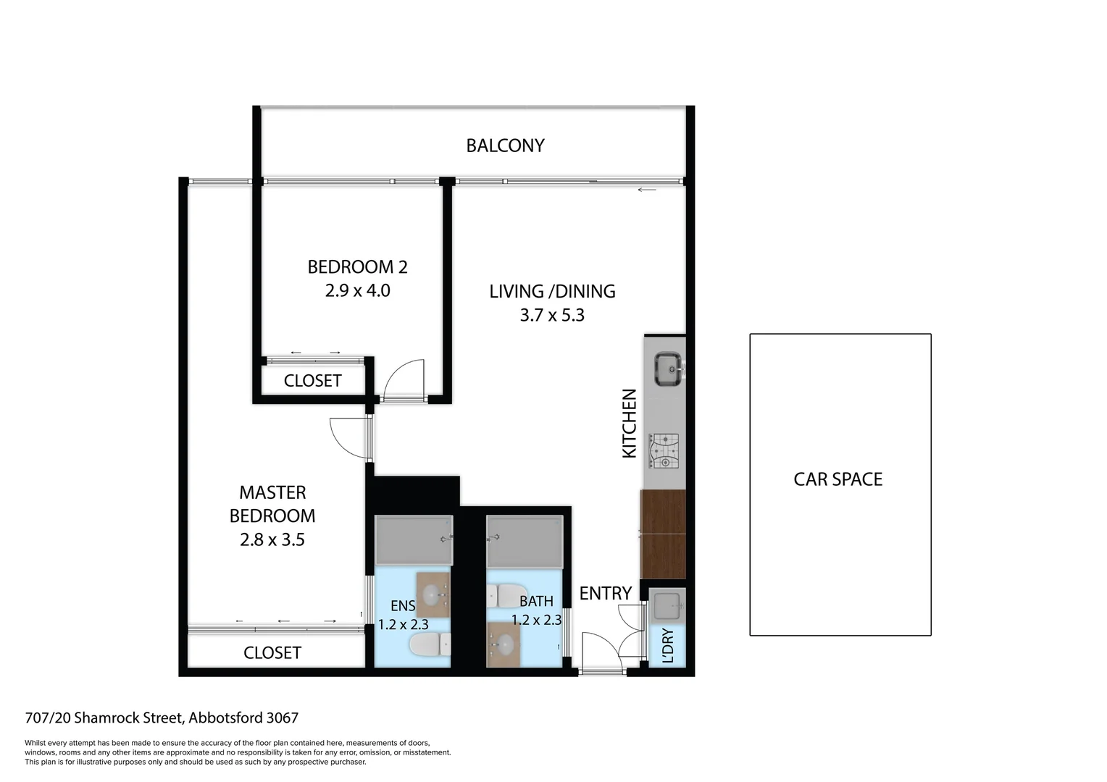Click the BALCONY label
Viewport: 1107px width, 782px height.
pyautogui.click(x=505, y=146)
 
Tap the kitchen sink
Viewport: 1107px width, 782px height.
pyautogui.click(x=667, y=369)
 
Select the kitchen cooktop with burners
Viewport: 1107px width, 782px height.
pyautogui.click(x=664, y=450)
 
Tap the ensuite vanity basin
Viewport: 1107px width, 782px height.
pyautogui.click(x=433, y=595)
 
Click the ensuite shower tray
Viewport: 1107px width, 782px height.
pyautogui.click(x=413, y=539)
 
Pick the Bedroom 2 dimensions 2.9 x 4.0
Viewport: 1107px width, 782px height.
pyautogui.click(x=357, y=291)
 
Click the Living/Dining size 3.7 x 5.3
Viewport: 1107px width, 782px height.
pyautogui.click(x=552, y=316)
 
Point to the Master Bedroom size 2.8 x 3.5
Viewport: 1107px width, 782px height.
pyautogui.click(x=272, y=540)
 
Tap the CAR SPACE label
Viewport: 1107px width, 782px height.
pyautogui.click(x=838, y=479)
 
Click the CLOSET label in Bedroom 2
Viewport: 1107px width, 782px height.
pyautogui.click(x=312, y=381)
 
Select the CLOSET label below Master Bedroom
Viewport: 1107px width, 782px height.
pyautogui.click(x=272, y=653)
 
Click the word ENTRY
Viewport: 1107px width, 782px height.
pyautogui.click(x=606, y=594)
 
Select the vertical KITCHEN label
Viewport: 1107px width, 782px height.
pyautogui.click(x=630, y=424)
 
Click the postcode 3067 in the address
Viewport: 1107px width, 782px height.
pyautogui.click(x=283, y=718)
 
